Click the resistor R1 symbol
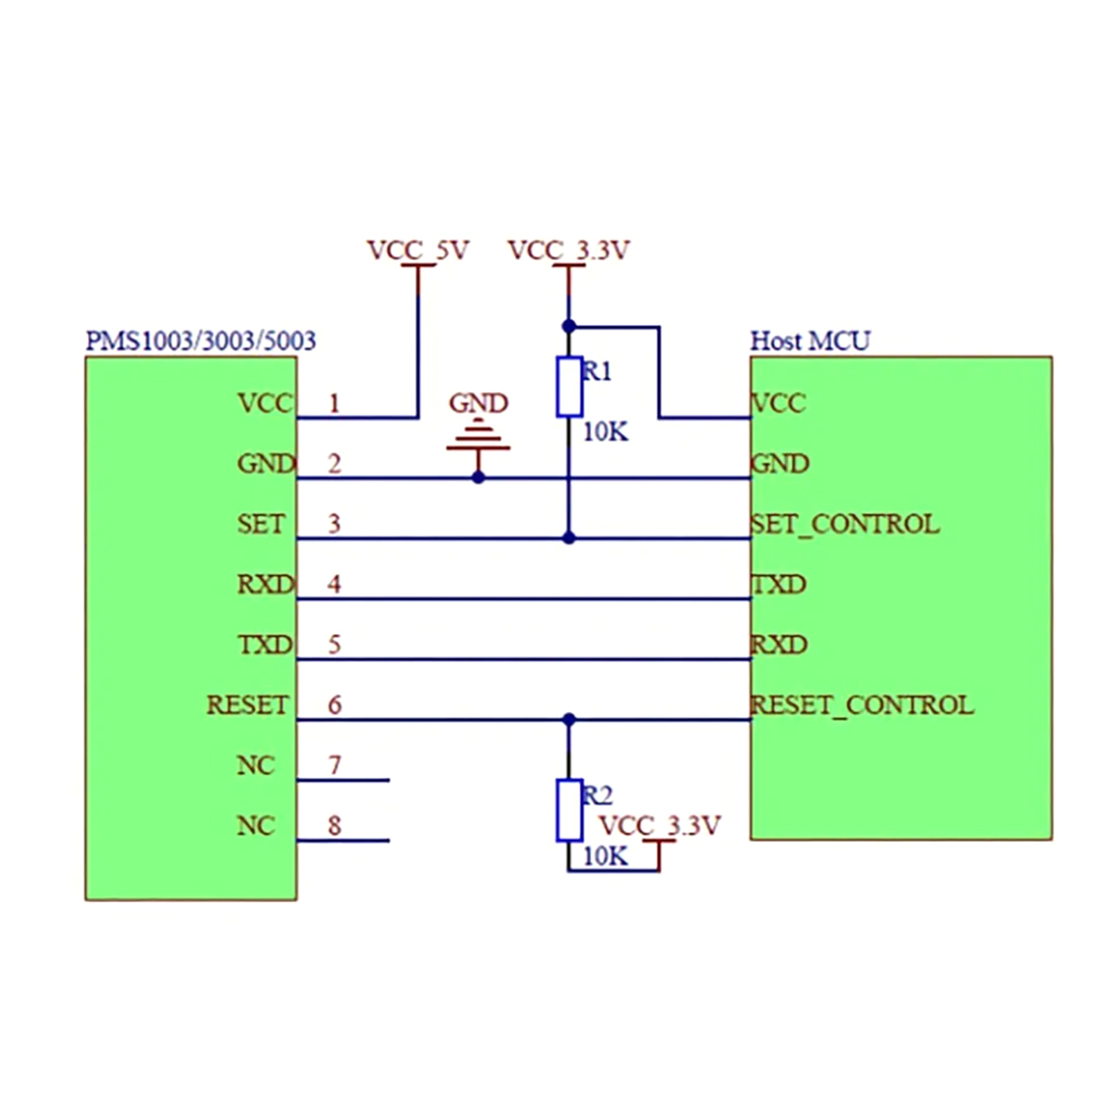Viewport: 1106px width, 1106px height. click(569, 387)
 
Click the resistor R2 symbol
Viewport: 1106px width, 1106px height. click(569, 810)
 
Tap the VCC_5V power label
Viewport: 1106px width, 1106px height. click(418, 250)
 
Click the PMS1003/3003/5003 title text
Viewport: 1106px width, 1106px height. click(200, 341)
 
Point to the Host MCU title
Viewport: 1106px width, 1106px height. click(810, 341)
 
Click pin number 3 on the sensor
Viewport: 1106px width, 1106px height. click(335, 524)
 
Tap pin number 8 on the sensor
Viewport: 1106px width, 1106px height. click(335, 825)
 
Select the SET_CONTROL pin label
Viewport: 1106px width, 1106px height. click(845, 524)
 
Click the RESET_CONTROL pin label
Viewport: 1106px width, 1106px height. click(862, 705)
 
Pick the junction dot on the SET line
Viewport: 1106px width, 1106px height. click(569, 538)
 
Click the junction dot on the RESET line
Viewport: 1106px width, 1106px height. click(569, 720)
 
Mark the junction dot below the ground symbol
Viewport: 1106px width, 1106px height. click(478, 478)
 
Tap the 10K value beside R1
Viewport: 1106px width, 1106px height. click(606, 432)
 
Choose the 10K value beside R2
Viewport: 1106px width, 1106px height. click(606, 856)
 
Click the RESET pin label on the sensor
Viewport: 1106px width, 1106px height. click(247, 705)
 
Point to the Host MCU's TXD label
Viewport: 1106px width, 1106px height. click(779, 585)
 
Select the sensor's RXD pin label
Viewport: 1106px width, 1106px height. click(265, 585)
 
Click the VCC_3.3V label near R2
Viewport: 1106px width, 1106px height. click(659, 825)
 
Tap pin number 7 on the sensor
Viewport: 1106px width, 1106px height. click(335, 765)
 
